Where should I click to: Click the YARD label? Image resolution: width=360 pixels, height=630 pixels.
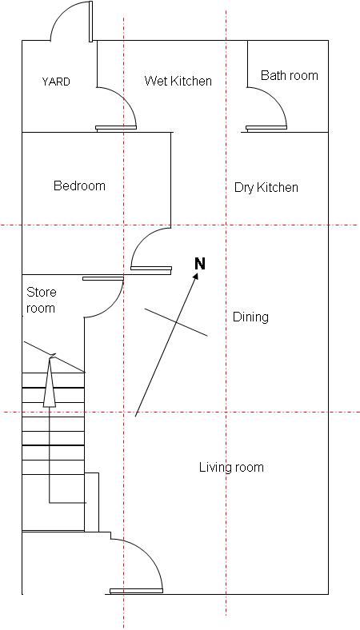[x=56, y=82]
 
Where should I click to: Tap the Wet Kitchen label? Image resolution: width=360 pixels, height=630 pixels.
[x=178, y=81]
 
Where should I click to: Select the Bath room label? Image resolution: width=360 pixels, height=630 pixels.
[x=290, y=75]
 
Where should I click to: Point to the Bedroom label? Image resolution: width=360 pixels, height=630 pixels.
[x=79, y=185]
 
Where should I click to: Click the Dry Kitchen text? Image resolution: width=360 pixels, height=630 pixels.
[x=266, y=188]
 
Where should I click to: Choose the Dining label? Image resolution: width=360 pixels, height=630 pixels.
[x=250, y=317]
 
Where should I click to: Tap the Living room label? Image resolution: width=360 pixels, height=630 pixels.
[x=232, y=467]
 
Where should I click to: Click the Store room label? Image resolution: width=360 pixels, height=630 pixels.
[x=41, y=300]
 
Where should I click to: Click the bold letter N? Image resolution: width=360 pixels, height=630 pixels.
[x=200, y=264]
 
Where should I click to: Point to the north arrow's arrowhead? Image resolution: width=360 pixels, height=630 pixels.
[x=195, y=276]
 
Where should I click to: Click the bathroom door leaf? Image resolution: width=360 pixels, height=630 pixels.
[x=266, y=128]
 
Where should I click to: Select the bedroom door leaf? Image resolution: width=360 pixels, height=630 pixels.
[x=151, y=268]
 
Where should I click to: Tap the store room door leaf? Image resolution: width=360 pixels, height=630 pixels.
[x=103, y=278]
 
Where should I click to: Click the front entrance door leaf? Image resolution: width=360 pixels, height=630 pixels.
[x=136, y=591]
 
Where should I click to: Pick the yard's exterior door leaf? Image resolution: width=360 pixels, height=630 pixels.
[x=91, y=22]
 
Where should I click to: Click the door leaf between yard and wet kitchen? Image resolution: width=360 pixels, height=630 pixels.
[x=116, y=128]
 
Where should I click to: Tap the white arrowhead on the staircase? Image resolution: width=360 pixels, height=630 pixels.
[x=50, y=381]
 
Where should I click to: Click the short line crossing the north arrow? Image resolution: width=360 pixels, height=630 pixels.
[x=176, y=322]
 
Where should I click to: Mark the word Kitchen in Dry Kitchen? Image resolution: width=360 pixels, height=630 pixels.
[x=278, y=188]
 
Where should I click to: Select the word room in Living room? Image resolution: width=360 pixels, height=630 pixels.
[x=248, y=468]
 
